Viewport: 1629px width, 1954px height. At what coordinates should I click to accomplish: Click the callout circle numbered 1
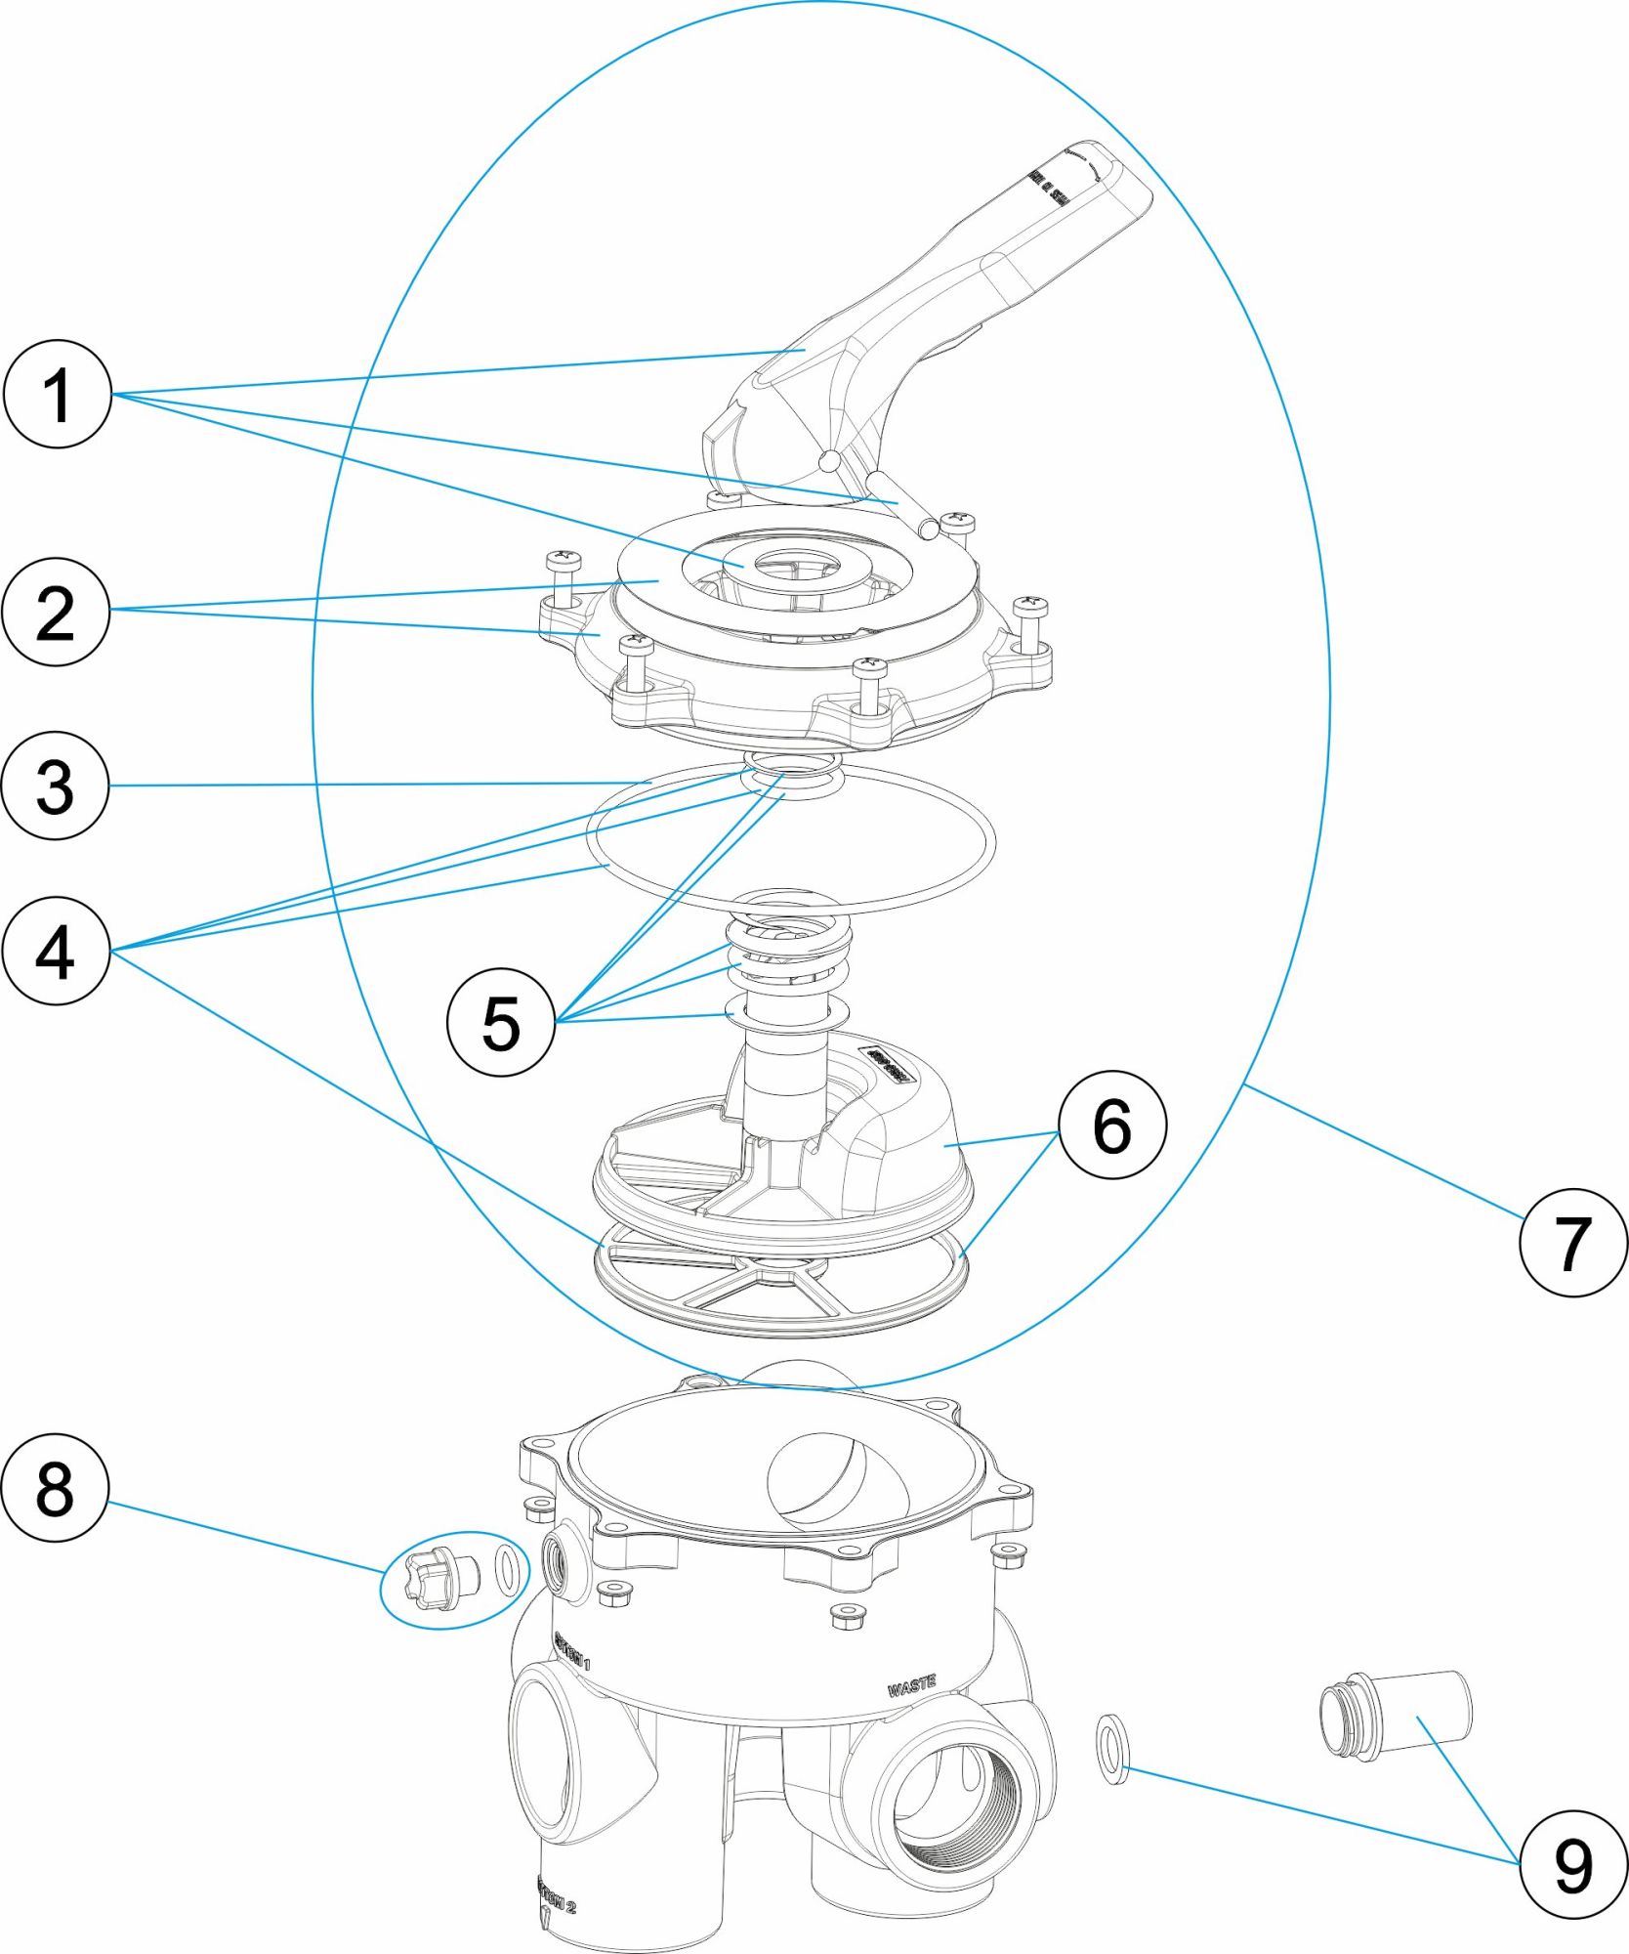pos(58,394)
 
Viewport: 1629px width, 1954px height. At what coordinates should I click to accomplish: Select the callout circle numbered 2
pos(56,613)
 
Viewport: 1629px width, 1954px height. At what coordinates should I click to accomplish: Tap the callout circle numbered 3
pos(56,786)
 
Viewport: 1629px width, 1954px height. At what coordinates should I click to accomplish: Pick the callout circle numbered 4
pos(56,951)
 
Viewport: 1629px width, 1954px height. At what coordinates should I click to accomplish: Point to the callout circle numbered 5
pos(501,1023)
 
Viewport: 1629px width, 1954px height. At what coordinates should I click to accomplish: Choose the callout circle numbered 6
pos(1112,1125)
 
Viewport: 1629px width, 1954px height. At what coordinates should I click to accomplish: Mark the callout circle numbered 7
pos(1573,1243)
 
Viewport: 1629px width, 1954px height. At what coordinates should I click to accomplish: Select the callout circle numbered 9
pos(1573,1865)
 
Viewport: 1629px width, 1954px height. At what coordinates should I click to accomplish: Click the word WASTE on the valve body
pos(911,1684)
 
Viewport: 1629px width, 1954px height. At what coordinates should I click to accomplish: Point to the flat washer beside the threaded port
pos(1111,1748)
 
